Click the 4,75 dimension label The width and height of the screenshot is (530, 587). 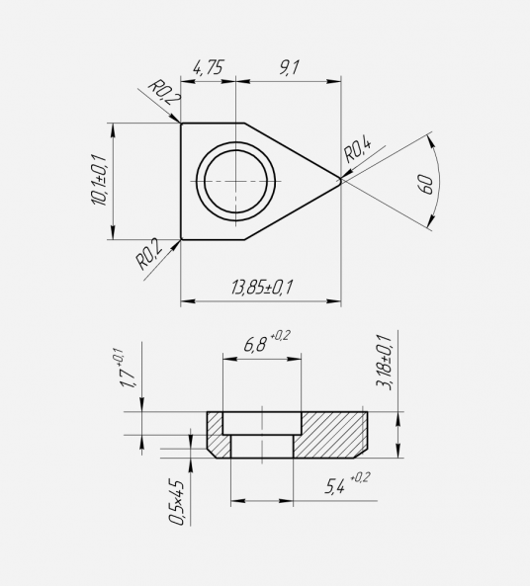pyautogui.click(x=208, y=68)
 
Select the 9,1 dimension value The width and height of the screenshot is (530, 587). pyautogui.click(x=289, y=68)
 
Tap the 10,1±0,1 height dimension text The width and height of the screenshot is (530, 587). pyautogui.click(x=99, y=179)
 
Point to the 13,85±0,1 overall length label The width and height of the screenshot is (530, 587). pyautogui.click(x=261, y=288)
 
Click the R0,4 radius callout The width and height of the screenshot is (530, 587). pyautogui.click(x=358, y=150)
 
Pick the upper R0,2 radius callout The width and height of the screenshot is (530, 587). pyautogui.click(x=165, y=92)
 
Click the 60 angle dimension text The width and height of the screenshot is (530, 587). pyautogui.click(x=426, y=184)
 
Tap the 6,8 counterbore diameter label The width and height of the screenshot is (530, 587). pyautogui.click(x=267, y=341)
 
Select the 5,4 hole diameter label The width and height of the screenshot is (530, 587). pyautogui.click(x=347, y=483)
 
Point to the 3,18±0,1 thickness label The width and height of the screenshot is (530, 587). pyautogui.click(x=384, y=363)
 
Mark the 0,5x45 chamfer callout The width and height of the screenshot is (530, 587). pyautogui.click(x=176, y=502)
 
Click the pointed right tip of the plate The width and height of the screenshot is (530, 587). pyautogui.click(x=341, y=181)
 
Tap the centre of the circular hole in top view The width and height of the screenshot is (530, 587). pyautogui.click(x=235, y=181)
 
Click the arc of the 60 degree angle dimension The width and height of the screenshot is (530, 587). pyautogui.click(x=438, y=181)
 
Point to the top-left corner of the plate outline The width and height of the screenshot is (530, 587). pyautogui.click(x=181, y=123)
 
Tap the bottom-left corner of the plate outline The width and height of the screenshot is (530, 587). pyautogui.click(x=181, y=239)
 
